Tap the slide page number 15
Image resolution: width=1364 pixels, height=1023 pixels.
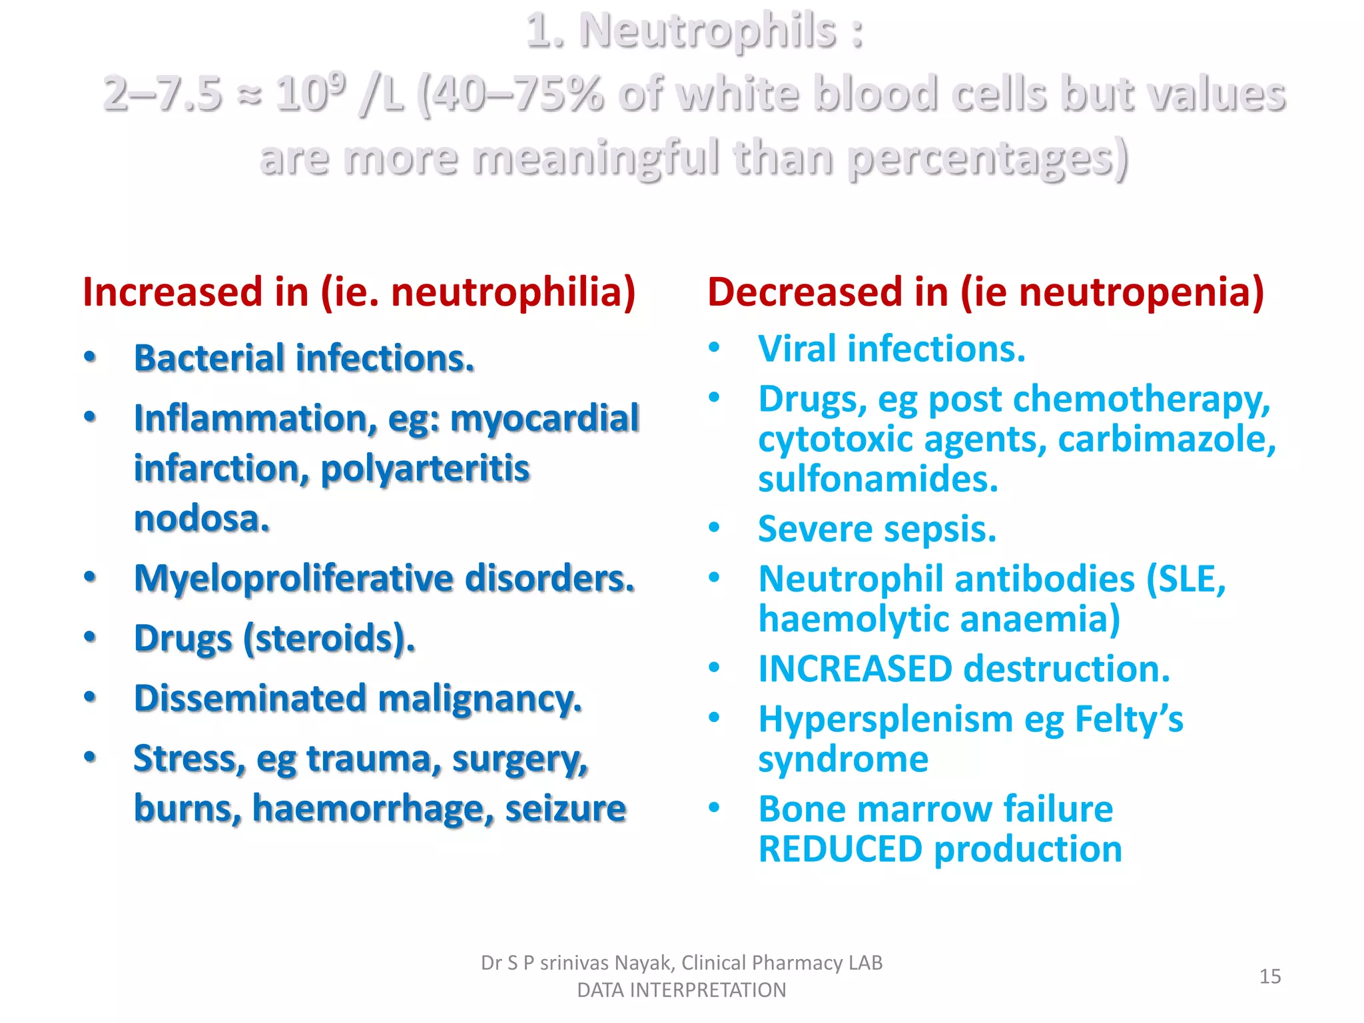(1270, 976)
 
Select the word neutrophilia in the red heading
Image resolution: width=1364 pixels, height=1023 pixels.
(512, 292)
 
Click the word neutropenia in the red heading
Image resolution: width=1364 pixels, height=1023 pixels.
(1141, 292)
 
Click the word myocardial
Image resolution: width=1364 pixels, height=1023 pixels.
(544, 418)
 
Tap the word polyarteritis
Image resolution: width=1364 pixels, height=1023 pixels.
(425, 468)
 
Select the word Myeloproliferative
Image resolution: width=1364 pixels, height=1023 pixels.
(293, 578)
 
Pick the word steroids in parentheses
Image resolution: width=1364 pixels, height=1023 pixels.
(327, 639)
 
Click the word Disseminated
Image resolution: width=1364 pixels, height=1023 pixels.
(250, 699)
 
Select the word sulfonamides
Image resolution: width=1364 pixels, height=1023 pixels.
(878, 480)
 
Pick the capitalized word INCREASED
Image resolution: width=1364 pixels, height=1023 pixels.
(855, 669)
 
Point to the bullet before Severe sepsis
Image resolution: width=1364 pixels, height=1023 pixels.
(715, 528)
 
